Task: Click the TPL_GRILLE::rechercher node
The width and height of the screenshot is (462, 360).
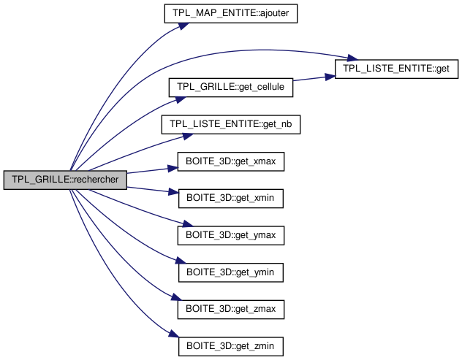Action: point(66,180)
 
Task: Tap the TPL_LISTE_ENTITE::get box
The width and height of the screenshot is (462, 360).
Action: point(396,69)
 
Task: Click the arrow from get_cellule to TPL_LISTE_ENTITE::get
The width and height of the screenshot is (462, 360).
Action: point(314,78)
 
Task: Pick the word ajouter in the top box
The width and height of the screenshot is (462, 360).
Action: point(257,13)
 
